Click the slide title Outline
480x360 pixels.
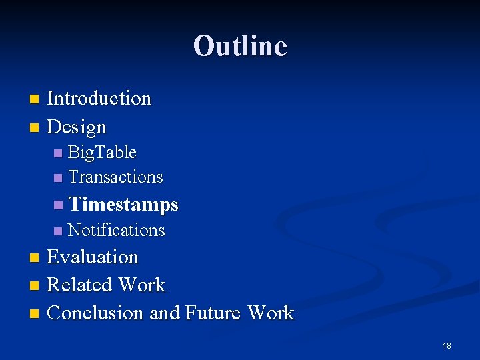click(x=240, y=46)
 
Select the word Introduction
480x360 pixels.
click(x=99, y=99)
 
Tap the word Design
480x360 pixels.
click(x=77, y=127)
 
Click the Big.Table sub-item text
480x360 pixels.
click(x=102, y=153)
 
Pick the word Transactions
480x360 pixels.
click(x=115, y=177)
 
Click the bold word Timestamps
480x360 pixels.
click(x=123, y=204)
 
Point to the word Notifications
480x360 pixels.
click(x=116, y=230)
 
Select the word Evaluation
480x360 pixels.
click(x=93, y=257)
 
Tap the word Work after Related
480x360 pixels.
click(x=141, y=285)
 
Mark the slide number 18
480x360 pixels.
click(x=447, y=345)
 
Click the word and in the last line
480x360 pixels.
click(x=165, y=313)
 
